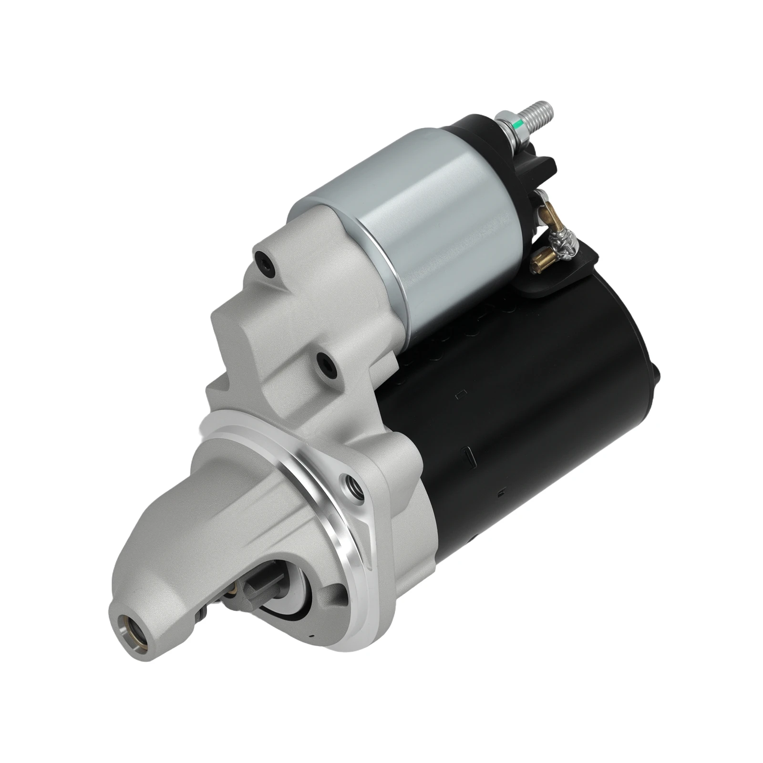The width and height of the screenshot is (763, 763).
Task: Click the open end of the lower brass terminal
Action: click(x=538, y=260)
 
